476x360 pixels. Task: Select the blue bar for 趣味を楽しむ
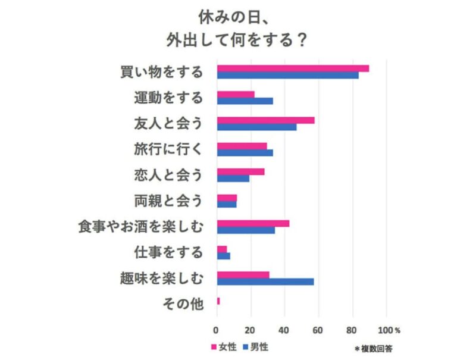tap(265, 281)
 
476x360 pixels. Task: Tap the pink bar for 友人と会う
tap(265, 120)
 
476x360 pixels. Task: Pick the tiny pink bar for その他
tap(218, 301)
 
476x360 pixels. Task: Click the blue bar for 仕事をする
tap(224, 256)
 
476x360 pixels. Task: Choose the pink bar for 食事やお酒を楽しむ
tap(253, 223)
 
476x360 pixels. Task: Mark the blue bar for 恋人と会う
tap(233, 179)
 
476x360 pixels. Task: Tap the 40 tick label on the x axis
tap(284, 330)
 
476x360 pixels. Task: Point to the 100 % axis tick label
tap(389, 330)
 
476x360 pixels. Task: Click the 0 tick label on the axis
tap(217, 330)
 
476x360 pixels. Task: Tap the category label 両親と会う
tap(168, 201)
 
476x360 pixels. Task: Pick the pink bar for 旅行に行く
tap(242, 146)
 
